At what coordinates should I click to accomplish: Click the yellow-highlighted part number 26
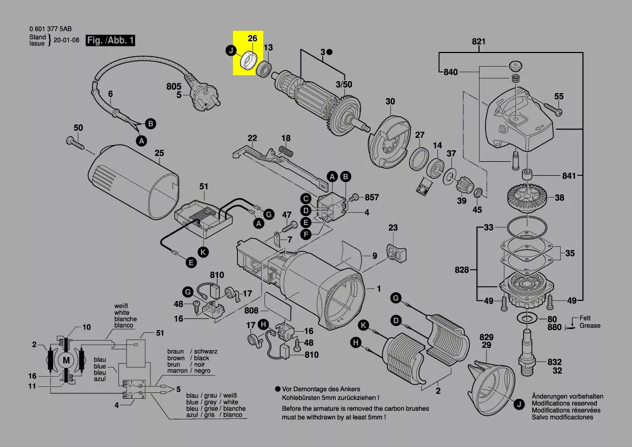pos(252,38)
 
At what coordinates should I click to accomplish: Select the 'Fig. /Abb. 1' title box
pos(111,40)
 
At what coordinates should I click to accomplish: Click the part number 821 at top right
pos(478,42)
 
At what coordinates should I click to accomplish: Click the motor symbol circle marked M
pos(66,360)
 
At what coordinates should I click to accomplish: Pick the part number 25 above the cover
pos(159,153)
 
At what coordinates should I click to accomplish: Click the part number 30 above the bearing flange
pos(390,102)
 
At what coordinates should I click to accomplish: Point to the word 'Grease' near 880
pos(590,326)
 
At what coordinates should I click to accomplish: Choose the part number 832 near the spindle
pos(554,362)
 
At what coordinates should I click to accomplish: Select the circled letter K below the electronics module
pos(203,252)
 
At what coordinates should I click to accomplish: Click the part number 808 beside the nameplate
pos(251,311)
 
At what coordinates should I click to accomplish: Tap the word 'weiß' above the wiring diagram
pos(122,306)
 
